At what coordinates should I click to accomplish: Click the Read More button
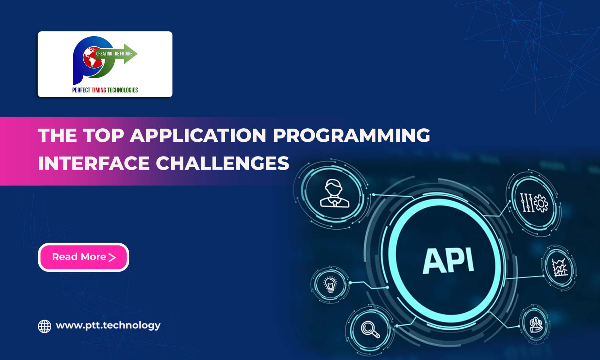[x=83, y=257]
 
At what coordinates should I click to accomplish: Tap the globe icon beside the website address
[x=45, y=326]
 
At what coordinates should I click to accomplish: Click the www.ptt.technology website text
[x=108, y=325]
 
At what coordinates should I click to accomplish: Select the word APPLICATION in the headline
[x=198, y=136]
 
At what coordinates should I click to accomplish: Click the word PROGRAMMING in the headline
[x=351, y=136]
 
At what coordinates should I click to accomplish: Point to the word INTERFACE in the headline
[x=94, y=163]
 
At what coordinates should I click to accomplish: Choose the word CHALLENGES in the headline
[x=223, y=163]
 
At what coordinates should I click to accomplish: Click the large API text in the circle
[x=448, y=260]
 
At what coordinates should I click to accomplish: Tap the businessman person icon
[x=334, y=194]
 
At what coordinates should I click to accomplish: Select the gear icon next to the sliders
[x=541, y=204]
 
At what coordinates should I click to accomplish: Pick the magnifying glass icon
[x=370, y=329]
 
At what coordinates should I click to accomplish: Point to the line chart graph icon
[x=559, y=268]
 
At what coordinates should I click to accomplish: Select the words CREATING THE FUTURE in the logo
[x=114, y=54]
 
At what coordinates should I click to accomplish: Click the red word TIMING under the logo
[x=99, y=90]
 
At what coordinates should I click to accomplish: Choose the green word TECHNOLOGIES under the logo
[x=122, y=90]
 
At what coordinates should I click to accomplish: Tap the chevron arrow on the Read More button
[x=112, y=257]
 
